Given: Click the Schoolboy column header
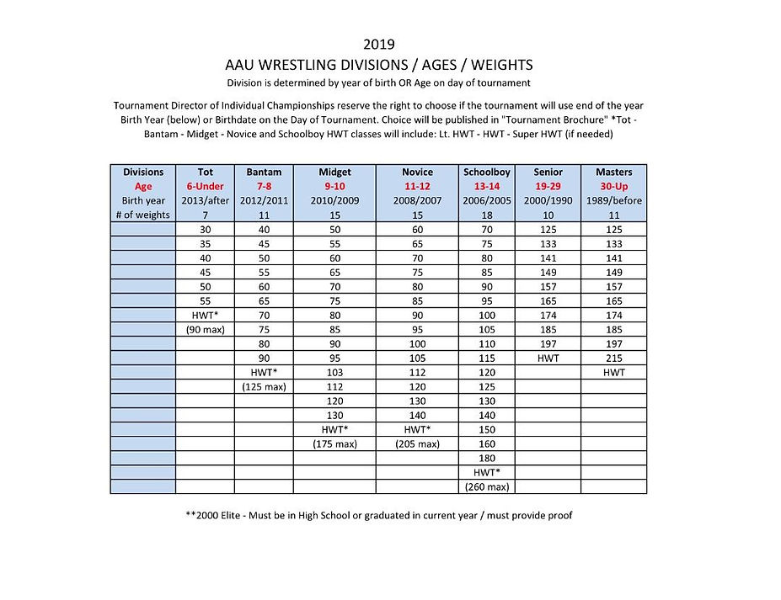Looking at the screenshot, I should click(487, 172).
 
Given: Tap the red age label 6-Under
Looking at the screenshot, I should click(205, 186).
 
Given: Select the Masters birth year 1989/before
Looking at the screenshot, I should click(613, 200).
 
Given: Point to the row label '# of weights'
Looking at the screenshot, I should click(143, 215).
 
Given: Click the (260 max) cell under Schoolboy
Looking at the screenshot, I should click(487, 486).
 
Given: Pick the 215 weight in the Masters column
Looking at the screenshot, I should click(613, 358).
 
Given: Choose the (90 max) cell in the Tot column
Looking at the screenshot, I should click(205, 329).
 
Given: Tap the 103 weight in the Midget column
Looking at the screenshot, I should click(334, 372).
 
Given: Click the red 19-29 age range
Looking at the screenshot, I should click(548, 186).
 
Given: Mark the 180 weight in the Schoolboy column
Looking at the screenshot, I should click(487, 458).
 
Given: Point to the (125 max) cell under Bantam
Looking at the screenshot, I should click(264, 386).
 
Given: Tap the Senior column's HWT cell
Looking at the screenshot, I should click(548, 358).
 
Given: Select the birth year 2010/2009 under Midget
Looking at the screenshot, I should click(334, 200).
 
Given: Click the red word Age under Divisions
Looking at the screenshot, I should click(143, 186).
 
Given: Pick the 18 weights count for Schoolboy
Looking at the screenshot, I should click(487, 215).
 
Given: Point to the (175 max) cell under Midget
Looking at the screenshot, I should click(334, 443).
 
